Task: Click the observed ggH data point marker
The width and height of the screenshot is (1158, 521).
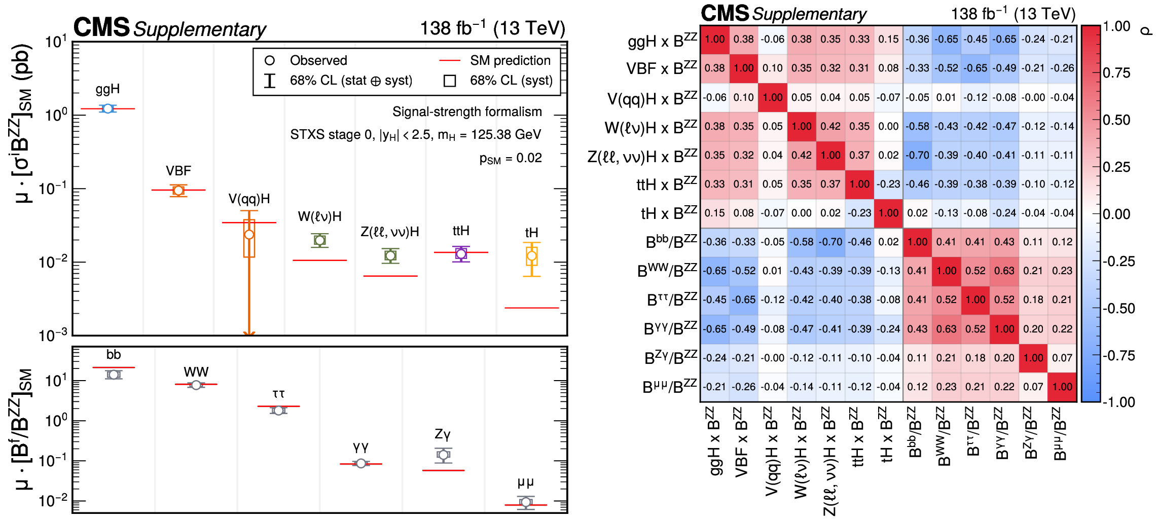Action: click(x=107, y=108)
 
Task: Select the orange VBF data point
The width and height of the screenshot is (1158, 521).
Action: click(x=178, y=191)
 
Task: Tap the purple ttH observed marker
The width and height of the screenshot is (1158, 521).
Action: click(x=461, y=254)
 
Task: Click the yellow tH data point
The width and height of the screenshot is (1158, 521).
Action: click(x=531, y=256)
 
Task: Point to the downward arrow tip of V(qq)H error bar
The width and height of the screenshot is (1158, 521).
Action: click(x=249, y=334)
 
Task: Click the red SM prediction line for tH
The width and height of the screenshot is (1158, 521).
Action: click(x=531, y=308)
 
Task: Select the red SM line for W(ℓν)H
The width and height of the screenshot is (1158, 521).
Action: click(x=319, y=260)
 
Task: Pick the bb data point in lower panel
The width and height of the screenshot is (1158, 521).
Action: click(x=114, y=375)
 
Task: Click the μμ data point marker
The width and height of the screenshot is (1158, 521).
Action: click(x=526, y=502)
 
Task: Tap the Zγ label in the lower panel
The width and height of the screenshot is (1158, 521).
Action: click(x=443, y=434)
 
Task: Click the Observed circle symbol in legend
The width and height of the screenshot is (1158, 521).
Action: click(x=270, y=60)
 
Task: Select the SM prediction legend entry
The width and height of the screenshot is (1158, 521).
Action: click(x=510, y=60)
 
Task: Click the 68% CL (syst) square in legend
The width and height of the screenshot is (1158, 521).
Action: click(x=450, y=81)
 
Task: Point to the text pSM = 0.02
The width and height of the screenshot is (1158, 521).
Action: click(x=511, y=158)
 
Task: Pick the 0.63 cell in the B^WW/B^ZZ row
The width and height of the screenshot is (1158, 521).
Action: click(x=1004, y=271)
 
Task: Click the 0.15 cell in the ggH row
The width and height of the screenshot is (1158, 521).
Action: click(x=888, y=39)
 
